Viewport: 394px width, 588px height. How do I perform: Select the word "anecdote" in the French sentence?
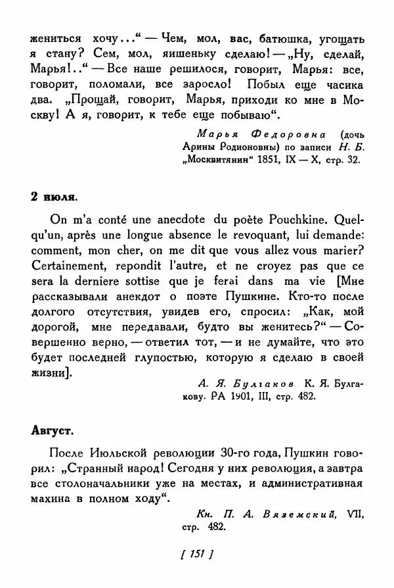155,217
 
